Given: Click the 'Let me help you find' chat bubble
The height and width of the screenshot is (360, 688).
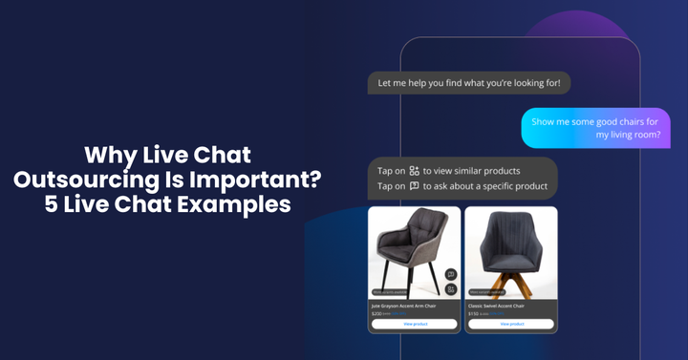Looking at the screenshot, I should (x=468, y=83).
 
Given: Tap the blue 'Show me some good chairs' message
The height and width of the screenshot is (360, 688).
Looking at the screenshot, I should (x=594, y=128).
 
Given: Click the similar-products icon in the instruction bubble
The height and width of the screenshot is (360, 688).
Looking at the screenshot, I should (x=414, y=170).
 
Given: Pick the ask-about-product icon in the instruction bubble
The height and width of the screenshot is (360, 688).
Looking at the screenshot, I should (x=414, y=186).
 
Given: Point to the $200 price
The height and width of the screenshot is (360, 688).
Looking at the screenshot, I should (x=376, y=313).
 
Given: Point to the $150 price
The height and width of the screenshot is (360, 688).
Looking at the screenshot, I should (x=473, y=313).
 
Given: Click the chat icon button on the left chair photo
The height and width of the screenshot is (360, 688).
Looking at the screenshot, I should (x=451, y=275).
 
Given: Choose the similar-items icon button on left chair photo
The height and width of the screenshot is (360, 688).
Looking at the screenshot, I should (x=451, y=288).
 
